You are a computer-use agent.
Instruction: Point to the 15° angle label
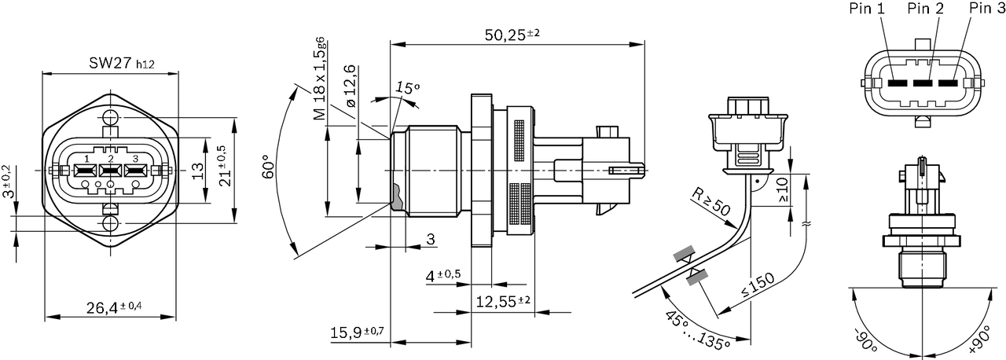(407, 87)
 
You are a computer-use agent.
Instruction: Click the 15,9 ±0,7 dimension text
(357, 332)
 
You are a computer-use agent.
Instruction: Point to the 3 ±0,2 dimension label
(8, 182)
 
